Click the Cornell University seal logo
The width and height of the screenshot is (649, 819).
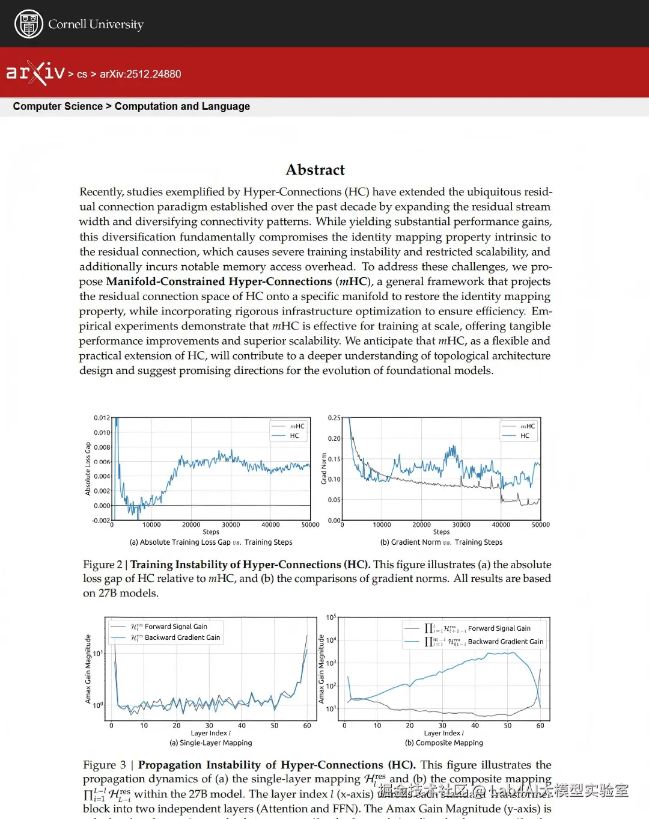pos(28,24)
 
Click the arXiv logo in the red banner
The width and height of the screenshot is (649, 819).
pos(35,73)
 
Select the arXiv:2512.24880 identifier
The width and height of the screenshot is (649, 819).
pos(140,74)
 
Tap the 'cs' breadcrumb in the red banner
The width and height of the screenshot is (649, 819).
pos(82,75)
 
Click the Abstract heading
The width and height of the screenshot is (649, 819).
pos(315,170)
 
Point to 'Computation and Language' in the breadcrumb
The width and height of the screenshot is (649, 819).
pos(182,106)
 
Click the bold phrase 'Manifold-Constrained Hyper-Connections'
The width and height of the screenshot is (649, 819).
pos(219,281)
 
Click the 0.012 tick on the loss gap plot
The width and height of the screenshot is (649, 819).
pos(102,418)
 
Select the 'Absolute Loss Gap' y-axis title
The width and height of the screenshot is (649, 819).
pos(88,469)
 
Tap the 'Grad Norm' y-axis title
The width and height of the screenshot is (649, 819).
pos(324,469)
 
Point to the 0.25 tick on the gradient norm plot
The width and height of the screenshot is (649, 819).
pos(334,418)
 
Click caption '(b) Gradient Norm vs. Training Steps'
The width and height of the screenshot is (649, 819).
pos(441,542)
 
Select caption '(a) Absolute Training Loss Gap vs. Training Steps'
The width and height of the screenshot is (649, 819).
pos(211,542)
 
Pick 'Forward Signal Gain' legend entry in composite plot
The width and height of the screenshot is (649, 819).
pos(499,628)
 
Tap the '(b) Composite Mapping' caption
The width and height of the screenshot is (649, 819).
pos(444,743)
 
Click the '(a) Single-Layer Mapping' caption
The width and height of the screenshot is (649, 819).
pos(211,743)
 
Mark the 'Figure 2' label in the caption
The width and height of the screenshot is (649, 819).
pos(102,565)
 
